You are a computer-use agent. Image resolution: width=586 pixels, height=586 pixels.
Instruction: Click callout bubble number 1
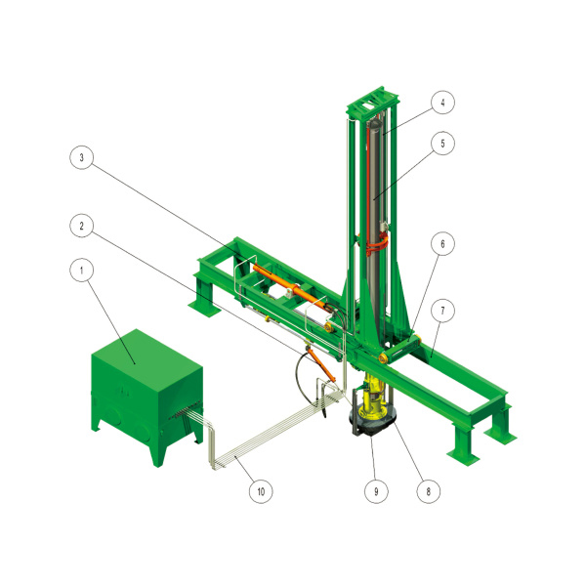(x=81, y=270)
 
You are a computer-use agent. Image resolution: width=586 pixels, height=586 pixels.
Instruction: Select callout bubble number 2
(x=81, y=226)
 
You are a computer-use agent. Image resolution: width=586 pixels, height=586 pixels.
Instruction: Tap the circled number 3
(x=81, y=157)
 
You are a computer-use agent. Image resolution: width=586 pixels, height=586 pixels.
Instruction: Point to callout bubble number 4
(x=442, y=102)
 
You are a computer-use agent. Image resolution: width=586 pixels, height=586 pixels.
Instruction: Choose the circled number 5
(x=442, y=144)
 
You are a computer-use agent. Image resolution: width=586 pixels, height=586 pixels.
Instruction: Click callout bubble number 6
(x=442, y=243)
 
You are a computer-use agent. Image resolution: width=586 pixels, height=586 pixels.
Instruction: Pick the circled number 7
(x=442, y=311)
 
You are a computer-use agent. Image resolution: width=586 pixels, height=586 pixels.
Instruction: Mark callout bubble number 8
(x=429, y=491)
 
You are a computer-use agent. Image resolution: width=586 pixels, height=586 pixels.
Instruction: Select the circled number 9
(x=376, y=491)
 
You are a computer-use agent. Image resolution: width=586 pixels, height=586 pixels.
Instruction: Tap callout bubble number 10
(x=261, y=491)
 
